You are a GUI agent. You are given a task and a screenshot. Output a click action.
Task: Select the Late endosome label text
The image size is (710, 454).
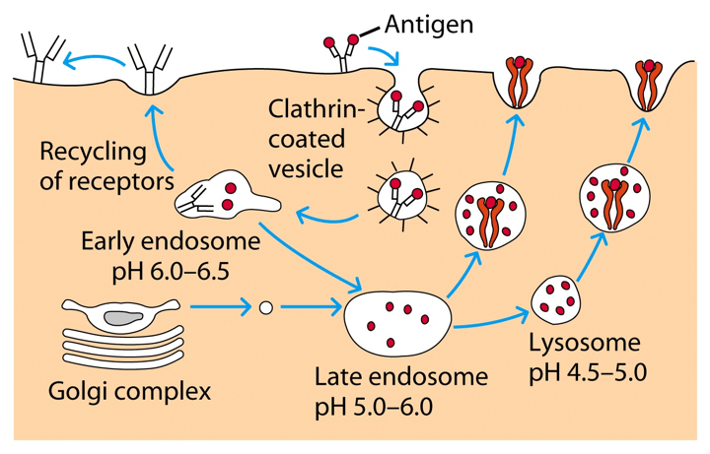(401, 375)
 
